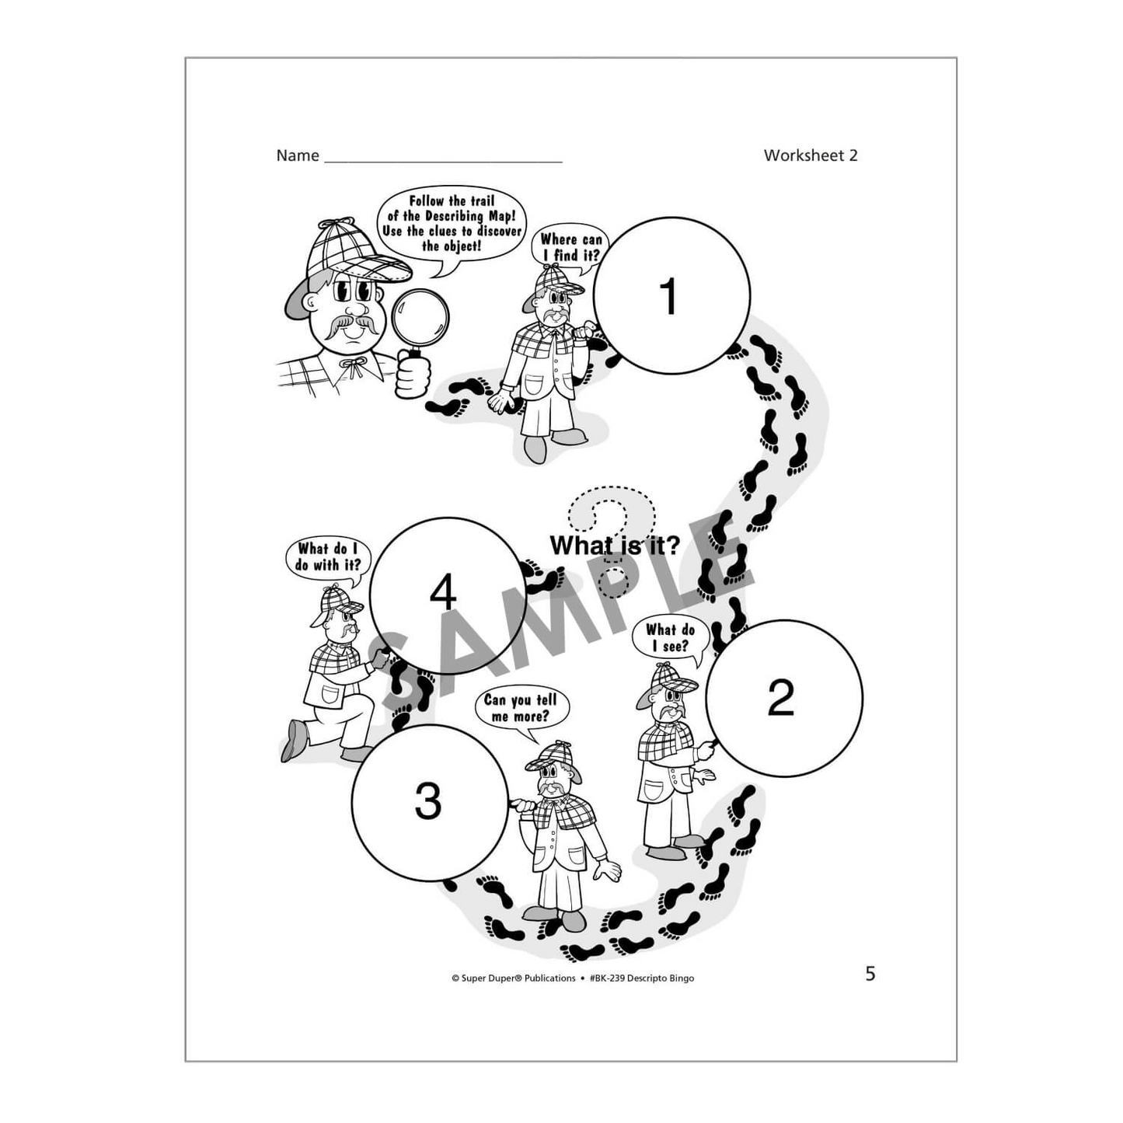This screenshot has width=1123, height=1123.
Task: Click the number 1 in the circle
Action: click(x=669, y=297)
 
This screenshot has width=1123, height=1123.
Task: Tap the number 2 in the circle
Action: click(x=780, y=697)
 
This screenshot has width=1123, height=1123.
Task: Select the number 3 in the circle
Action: click(x=427, y=801)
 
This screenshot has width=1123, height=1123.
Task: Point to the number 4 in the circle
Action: click(x=443, y=595)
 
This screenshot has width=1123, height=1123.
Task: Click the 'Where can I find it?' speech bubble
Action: click(x=570, y=247)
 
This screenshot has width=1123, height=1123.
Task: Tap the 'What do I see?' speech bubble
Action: click(x=670, y=638)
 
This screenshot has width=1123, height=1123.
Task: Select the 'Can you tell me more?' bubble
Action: click(x=521, y=707)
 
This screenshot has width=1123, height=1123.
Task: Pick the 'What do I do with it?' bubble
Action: click(x=328, y=556)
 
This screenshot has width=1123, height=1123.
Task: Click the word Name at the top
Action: click(x=298, y=155)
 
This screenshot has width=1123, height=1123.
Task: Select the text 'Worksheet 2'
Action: click(x=810, y=155)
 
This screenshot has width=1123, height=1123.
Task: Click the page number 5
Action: click(x=870, y=974)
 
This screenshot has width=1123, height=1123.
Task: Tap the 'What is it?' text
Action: click(x=614, y=546)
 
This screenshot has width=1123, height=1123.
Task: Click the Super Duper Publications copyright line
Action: click(x=572, y=978)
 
